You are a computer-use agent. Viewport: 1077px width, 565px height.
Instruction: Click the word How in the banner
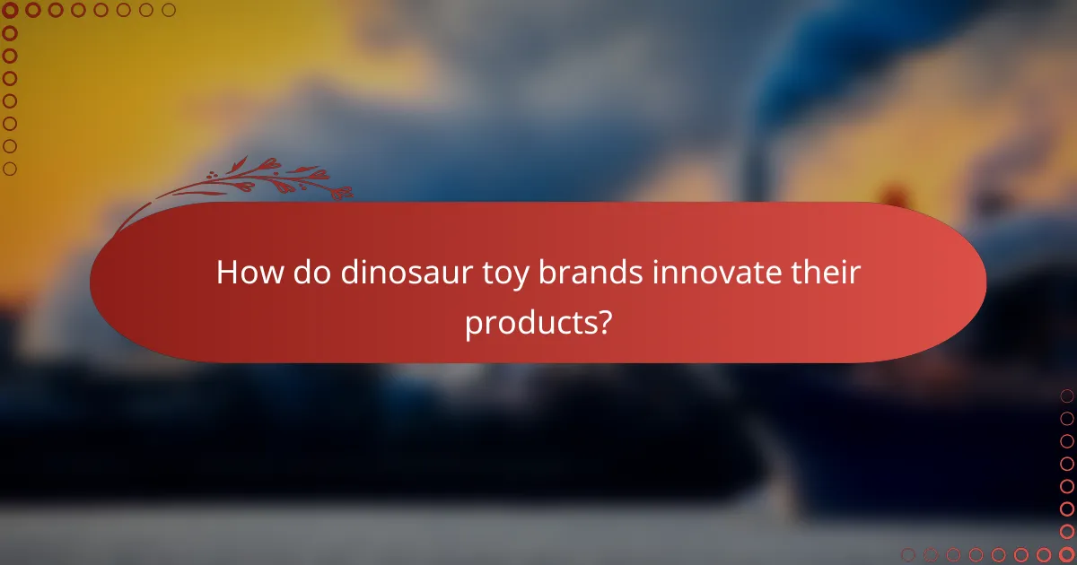tap(246, 273)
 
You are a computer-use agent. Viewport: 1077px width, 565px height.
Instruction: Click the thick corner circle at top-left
tap(11, 11)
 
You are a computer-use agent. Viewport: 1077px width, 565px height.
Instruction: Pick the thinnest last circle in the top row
tap(169, 11)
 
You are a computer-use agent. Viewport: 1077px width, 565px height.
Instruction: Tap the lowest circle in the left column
tap(11, 169)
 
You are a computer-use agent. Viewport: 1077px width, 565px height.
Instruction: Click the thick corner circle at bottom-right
tap(1066, 554)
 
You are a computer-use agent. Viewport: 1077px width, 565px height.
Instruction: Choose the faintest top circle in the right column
tap(1066, 395)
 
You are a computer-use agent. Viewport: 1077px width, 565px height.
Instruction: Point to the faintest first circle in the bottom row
tap(908, 554)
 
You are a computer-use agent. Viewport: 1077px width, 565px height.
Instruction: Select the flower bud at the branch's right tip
tap(343, 191)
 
